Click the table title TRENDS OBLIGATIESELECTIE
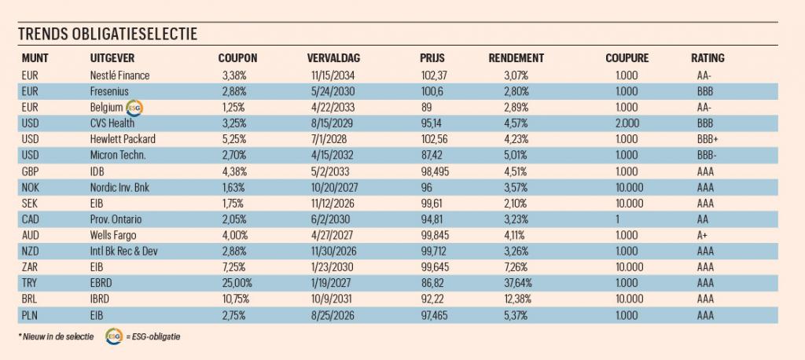(107, 34)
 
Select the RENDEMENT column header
(516, 58)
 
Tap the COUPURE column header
(627, 58)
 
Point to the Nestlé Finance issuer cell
(119, 75)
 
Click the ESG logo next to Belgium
(134, 108)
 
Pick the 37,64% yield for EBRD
(517, 283)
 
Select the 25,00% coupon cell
(234, 283)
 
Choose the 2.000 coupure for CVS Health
(627, 123)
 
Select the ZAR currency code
(30, 267)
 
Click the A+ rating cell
(702, 235)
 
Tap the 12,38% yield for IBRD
(517, 299)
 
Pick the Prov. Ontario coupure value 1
(618, 219)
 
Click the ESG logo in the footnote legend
(113, 336)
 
